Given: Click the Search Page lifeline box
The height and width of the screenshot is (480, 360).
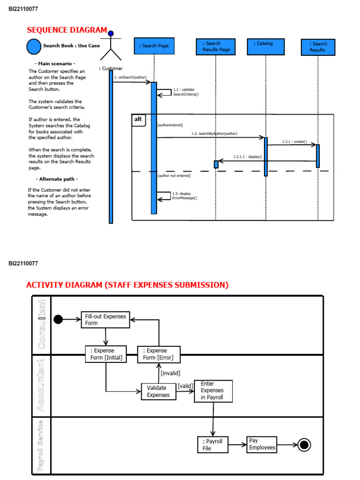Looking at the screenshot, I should click(154, 46).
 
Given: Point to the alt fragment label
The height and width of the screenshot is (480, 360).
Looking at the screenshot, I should click(138, 120).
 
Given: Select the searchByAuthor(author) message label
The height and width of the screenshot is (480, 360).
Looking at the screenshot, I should click(214, 134).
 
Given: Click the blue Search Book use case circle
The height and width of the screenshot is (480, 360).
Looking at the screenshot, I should click(34, 46).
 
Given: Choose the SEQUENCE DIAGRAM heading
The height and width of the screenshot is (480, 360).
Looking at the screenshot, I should click(67, 30).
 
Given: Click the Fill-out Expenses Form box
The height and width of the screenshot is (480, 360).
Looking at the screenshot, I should click(105, 320).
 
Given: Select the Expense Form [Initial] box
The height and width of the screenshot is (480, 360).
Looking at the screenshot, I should click(105, 354).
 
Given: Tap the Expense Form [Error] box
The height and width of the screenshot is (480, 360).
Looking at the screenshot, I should click(158, 354).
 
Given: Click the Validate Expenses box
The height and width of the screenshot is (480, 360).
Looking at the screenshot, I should click(158, 391).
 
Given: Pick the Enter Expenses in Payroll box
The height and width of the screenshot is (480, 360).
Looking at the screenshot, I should click(213, 391).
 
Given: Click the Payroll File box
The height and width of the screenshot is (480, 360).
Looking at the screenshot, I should click(212, 444).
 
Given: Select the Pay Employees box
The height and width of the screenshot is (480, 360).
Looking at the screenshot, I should click(262, 444).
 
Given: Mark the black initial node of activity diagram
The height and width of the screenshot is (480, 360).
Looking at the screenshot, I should click(58, 320).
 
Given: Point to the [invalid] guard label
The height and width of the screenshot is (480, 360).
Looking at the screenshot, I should click(170, 373).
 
